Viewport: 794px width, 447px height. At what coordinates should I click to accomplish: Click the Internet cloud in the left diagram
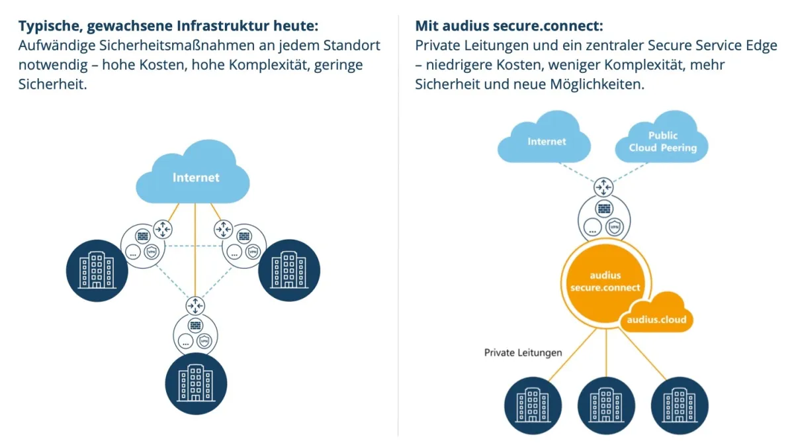(x=195, y=177)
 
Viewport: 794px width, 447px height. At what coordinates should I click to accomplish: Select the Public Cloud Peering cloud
(x=662, y=142)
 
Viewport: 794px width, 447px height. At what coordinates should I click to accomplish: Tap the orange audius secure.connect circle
(x=605, y=282)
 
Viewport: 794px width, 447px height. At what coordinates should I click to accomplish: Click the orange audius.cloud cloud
(x=656, y=319)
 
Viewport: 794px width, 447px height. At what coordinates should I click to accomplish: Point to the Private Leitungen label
(x=523, y=352)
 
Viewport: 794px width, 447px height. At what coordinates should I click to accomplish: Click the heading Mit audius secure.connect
(x=509, y=26)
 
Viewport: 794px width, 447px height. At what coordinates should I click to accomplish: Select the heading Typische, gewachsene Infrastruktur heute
(x=169, y=26)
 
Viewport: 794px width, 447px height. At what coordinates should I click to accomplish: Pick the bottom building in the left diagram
(x=196, y=383)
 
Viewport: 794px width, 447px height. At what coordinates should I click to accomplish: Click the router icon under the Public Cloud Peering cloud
(x=604, y=187)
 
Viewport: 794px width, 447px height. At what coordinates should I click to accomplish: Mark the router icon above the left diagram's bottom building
(x=196, y=306)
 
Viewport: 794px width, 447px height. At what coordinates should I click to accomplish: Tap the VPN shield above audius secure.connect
(x=617, y=225)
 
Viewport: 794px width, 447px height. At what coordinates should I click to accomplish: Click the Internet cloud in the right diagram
(x=547, y=141)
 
